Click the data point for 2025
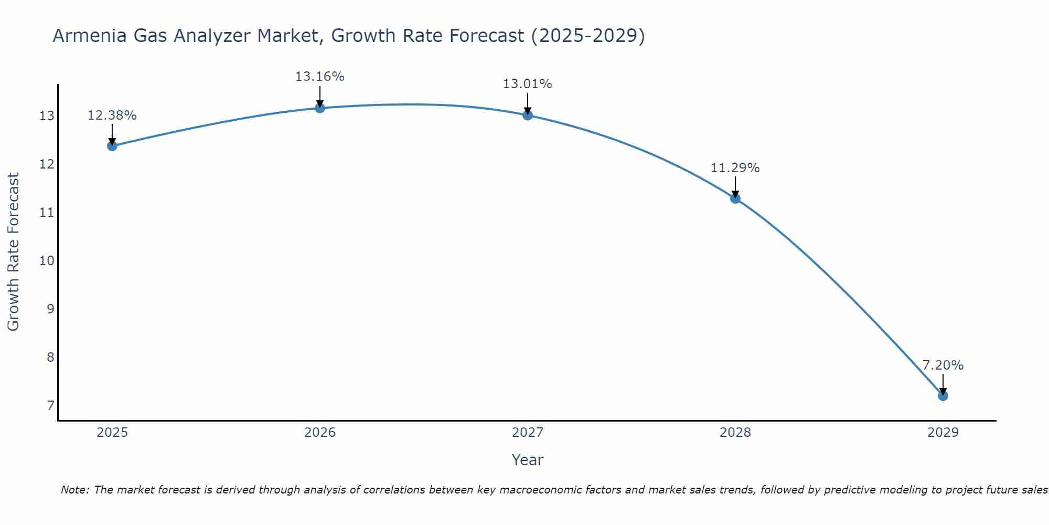pyautogui.click(x=112, y=146)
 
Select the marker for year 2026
pyautogui.click(x=320, y=108)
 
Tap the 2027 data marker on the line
pyautogui.click(x=528, y=115)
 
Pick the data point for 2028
pyautogui.click(x=735, y=198)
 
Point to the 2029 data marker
pyautogui.click(x=943, y=396)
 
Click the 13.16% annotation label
pyautogui.click(x=319, y=77)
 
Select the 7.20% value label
pyautogui.click(x=943, y=365)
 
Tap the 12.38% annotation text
pyautogui.click(x=112, y=115)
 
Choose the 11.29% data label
pyautogui.click(x=735, y=168)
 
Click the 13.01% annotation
pyautogui.click(x=527, y=84)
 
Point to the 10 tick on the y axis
pyautogui.click(x=47, y=261)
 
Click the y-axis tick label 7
pyautogui.click(x=50, y=406)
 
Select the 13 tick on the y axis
pyautogui.click(x=47, y=116)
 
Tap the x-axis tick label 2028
pyautogui.click(x=735, y=433)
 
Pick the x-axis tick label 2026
pyautogui.click(x=320, y=433)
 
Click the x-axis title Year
pyautogui.click(x=527, y=460)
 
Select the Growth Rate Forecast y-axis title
pyautogui.click(x=14, y=252)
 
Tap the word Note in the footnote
pyautogui.click(x=74, y=490)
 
